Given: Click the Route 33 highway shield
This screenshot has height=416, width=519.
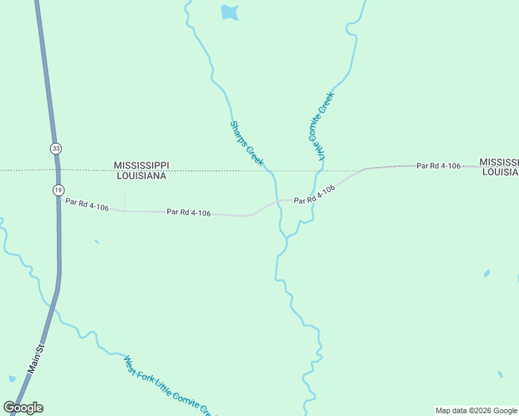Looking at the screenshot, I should (x=56, y=148).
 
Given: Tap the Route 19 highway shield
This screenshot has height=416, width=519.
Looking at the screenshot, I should (x=59, y=189).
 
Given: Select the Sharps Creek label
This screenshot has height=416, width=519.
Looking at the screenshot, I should (x=247, y=144).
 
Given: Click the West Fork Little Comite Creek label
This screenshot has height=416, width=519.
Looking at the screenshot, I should (x=167, y=385).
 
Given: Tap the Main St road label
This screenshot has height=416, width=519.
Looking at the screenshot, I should (x=35, y=358).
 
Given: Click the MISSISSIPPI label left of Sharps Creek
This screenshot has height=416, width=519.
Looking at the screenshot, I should (x=141, y=166).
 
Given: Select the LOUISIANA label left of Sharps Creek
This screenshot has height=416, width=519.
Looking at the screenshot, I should (x=141, y=176).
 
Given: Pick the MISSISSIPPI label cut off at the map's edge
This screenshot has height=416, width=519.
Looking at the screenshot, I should (x=499, y=161).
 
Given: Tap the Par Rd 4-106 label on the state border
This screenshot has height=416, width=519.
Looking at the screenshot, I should (x=439, y=166).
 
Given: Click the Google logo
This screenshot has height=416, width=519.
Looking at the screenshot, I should (x=24, y=408).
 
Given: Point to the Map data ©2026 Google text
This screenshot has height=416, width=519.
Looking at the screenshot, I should (x=476, y=410).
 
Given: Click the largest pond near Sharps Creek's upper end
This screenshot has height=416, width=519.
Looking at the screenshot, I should (x=229, y=12).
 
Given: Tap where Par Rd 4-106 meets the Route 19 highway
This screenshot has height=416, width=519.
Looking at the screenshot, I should (x=60, y=200).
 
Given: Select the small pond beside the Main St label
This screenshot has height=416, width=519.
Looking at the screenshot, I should (x=12, y=379).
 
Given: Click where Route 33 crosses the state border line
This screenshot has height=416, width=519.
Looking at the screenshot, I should (x=58, y=169).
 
